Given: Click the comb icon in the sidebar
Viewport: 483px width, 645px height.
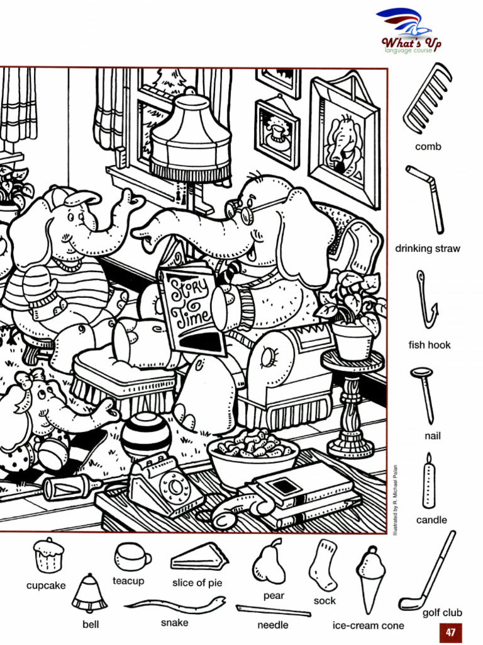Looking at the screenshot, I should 428,101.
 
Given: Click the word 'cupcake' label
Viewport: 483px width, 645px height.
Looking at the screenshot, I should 46,585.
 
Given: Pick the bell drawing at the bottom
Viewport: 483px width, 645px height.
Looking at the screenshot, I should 89,594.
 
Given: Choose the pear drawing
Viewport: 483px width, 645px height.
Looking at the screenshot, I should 269,562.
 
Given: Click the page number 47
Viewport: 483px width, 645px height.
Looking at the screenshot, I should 450,632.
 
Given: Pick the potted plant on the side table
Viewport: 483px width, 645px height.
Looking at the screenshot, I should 351,315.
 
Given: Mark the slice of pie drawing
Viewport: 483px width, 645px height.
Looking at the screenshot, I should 198,557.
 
